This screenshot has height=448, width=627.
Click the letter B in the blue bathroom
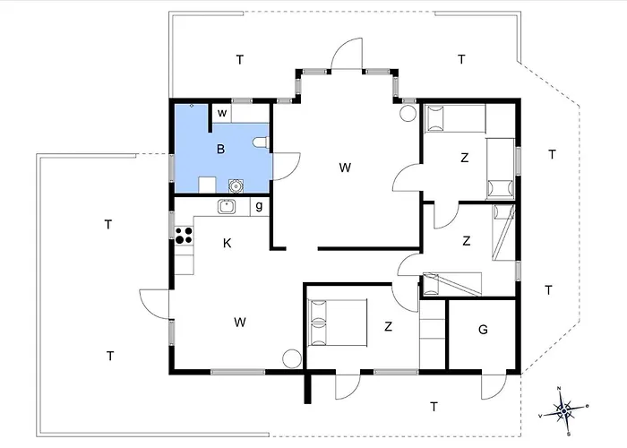[x=220, y=150]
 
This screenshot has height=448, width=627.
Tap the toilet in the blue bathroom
[x=262, y=142]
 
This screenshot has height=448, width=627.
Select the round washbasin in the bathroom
[x=236, y=185]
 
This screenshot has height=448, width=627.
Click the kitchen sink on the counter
[x=227, y=206]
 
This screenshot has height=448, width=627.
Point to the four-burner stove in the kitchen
[x=184, y=235]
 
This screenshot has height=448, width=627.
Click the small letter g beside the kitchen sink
[x=259, y=206]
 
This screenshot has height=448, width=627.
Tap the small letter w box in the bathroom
[x=222, y=113]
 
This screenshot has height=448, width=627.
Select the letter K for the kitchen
[x=228, y=243]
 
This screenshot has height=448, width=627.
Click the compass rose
[x=563, y=410]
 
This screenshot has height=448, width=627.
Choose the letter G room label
[x=483, y=330]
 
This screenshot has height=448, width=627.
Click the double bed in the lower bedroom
[x=337, y=323]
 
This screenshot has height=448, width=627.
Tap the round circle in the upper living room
[x=408, y=113]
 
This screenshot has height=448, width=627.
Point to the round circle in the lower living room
[x=292, y=358]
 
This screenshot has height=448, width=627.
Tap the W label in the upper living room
[x=345, y=168]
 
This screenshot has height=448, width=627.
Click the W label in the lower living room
[x=240, y=322]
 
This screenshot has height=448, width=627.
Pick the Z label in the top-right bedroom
[x=464, y=158]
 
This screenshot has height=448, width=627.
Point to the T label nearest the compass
[x=434, y=407]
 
